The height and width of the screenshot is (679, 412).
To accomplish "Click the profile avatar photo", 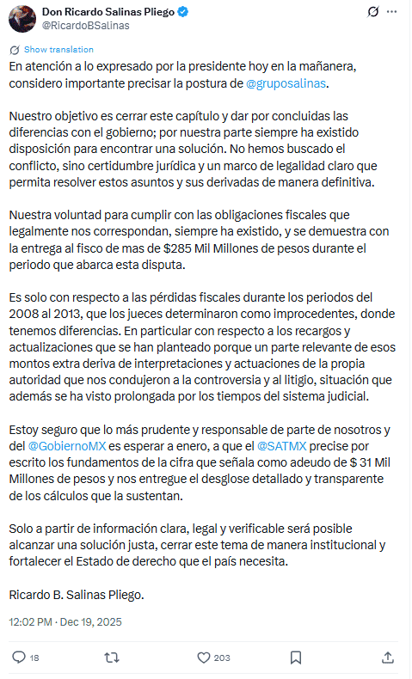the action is [21, 17].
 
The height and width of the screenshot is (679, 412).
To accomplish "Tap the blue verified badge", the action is [183, 12].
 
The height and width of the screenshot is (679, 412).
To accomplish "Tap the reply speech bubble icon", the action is [19, 658].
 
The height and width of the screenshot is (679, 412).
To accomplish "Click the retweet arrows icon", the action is [111, 658].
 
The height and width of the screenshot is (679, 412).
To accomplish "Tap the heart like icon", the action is [204, 658].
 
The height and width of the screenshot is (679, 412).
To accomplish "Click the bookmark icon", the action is [296, 658].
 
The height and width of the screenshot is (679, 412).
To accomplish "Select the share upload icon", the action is [388, 658].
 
